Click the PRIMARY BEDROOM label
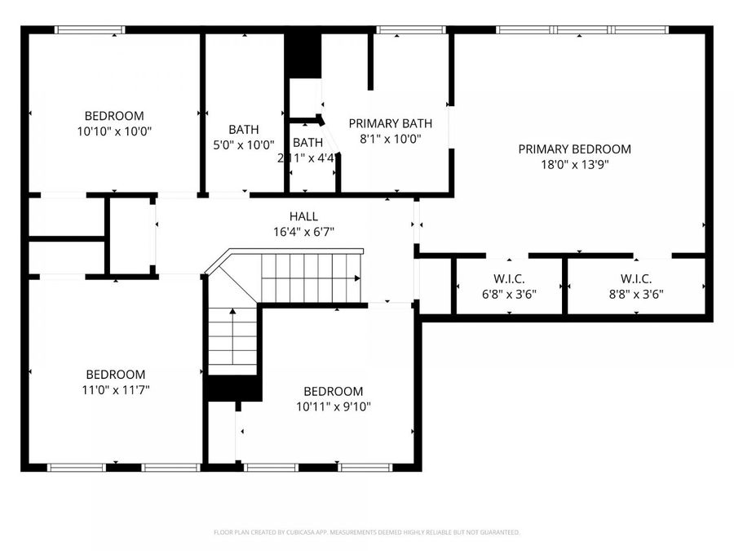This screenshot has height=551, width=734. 574,149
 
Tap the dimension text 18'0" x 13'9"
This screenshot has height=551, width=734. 574,164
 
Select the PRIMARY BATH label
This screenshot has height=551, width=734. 390,123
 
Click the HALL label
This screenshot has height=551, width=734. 303,216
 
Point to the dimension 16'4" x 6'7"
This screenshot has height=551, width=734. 303,231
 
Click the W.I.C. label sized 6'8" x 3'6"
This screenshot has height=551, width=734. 508,278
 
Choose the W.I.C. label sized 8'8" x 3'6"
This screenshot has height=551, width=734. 635,278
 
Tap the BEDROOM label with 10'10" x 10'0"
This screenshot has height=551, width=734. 114,116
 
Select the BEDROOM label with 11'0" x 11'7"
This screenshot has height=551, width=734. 115,375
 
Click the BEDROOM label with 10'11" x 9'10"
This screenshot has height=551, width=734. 333,391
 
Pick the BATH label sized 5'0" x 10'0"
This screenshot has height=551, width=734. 244,129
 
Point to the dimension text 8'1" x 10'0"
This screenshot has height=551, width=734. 390,139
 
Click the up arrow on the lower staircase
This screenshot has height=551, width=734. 233,314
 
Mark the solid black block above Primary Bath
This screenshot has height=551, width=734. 303,54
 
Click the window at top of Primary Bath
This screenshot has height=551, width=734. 410,30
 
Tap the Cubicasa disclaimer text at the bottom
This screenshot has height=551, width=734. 366,532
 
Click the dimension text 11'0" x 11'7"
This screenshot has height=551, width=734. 115,389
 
